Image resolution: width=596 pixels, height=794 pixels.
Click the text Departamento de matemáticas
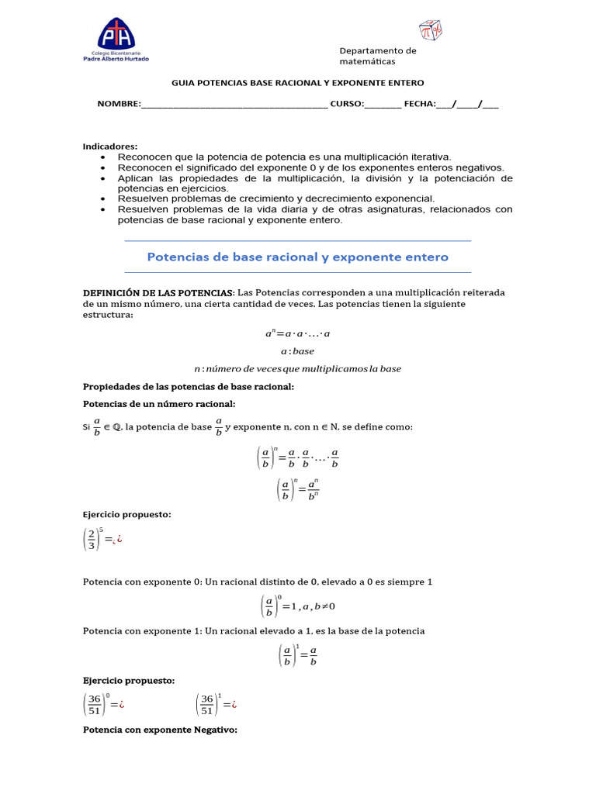[378, 56]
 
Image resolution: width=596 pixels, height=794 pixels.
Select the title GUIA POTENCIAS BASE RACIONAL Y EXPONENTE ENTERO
[297, 83]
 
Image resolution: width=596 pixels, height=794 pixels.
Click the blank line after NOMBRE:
[234, 104]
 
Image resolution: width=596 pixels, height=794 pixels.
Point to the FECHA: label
[420, 104]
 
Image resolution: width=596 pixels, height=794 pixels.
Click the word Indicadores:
[110, 147]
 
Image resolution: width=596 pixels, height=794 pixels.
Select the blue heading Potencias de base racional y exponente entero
[297, 257]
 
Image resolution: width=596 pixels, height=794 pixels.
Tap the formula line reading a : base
[297, 351]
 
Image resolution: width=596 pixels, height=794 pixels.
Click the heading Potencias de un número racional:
[158, 404]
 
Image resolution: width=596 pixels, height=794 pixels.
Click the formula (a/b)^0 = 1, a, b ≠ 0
[297, 606]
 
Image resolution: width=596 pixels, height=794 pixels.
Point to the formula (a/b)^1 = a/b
[297, 655]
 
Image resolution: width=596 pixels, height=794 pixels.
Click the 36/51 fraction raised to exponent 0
[99, 705]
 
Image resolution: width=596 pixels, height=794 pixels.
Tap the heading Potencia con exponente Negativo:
[159, 730]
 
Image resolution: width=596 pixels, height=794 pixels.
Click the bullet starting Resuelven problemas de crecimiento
[275, 198]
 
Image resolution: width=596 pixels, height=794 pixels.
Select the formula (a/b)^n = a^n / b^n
[297, 489]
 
